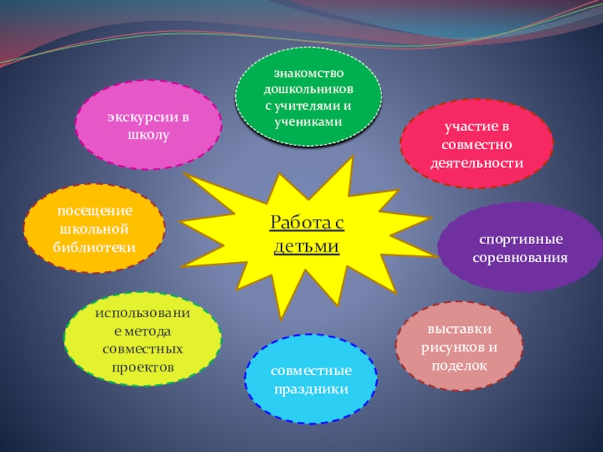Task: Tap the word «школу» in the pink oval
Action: click(x=148, y=136)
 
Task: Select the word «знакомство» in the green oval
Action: click(x=308, y=73)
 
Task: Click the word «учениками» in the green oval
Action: click(x=308, y=121)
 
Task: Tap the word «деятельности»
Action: click(x=476, y=163)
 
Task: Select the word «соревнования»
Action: click(x=520, y=258)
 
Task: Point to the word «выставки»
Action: click(x=459, y=330)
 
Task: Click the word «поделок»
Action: click(x=459, y=365)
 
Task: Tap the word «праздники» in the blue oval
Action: click(x=311, y=389)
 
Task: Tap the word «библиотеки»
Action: click(x=94, y=246)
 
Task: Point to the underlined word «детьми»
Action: click(x=308, y=246)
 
